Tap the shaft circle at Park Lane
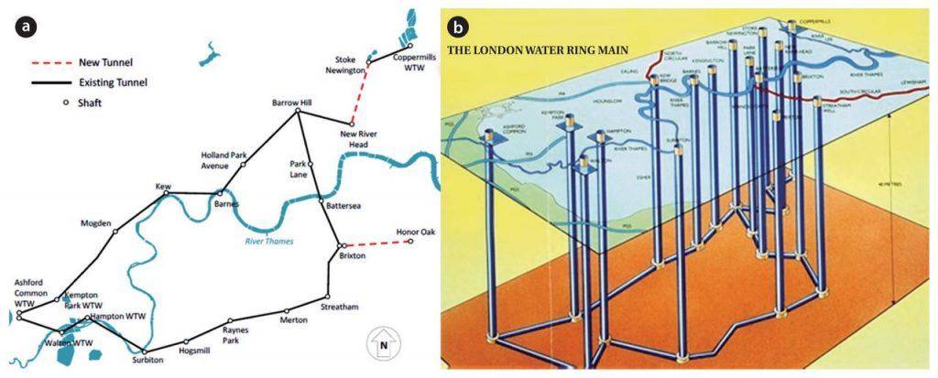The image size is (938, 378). pyautogui.click(x=311, y=165)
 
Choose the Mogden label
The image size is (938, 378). pyautogui.click(x=96, y=222)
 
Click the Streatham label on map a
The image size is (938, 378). pyautogui.click(x=340, y=306)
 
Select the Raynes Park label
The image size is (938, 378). pyautogui.click(x=241, y=329)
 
